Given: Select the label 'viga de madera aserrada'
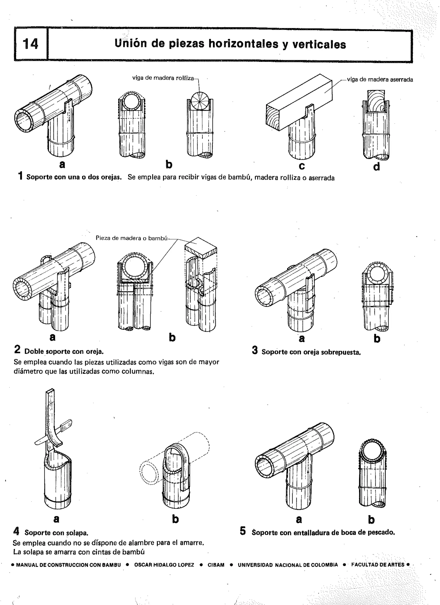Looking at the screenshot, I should [380, 80].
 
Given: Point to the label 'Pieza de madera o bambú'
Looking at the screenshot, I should [131, 238].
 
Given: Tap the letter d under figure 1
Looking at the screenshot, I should [376, 167].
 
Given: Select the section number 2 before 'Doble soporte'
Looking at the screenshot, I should [17, 349].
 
